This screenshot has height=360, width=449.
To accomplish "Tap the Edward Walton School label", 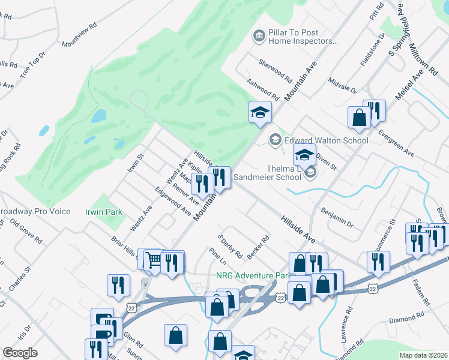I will (326, 140).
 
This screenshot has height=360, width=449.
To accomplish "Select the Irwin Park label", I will (104, 212).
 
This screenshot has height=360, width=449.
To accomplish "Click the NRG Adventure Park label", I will (252, 277).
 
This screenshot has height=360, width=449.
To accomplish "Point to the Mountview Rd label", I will (79, 43).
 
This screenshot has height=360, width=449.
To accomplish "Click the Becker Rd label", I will (258, 247).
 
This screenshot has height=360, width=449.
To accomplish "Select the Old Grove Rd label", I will (26, 231).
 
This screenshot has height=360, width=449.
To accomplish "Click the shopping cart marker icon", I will (154, 259).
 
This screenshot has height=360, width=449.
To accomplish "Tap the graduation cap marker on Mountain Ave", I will (261, 112).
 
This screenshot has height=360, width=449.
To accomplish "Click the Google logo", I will (20, 353).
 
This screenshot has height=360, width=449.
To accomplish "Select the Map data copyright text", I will (424, 355).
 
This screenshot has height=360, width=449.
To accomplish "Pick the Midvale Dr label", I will (343, 85).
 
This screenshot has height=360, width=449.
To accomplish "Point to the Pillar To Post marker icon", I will (259, 37).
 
